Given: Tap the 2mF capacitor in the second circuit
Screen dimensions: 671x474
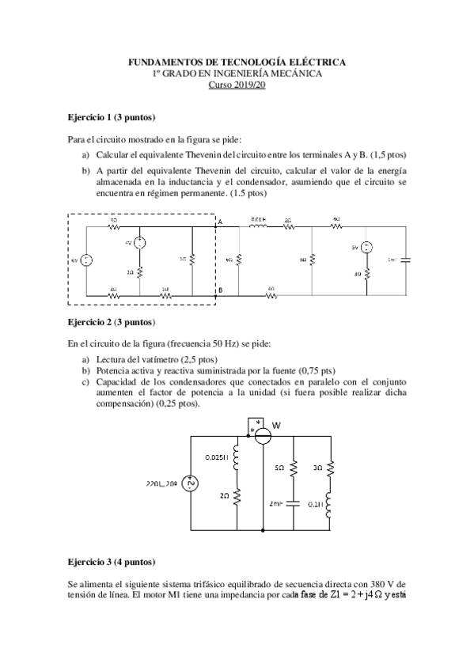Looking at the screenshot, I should click(x=294, y=502).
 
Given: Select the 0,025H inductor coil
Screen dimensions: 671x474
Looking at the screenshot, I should click(x=236, y=457).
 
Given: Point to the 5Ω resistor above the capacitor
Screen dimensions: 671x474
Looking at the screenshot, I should click(x=294, y=468).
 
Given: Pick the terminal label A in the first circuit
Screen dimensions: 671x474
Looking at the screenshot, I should click(x=220, y=222).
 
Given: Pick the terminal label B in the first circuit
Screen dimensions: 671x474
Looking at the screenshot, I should click(x=220, y=290).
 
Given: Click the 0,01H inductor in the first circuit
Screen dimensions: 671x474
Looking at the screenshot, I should click(x=259, y=227).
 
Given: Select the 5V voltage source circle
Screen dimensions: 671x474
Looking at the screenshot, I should click(x=366, y=248).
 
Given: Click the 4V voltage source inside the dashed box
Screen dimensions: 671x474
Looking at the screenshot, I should click(x=139, y=244).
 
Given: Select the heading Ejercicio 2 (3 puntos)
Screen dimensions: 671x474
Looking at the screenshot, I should click(x=106, y=322).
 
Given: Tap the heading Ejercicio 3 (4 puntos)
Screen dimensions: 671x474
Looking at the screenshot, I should click(x=106, y=561).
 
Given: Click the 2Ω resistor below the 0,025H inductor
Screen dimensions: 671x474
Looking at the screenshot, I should click(x=236, y=496).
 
